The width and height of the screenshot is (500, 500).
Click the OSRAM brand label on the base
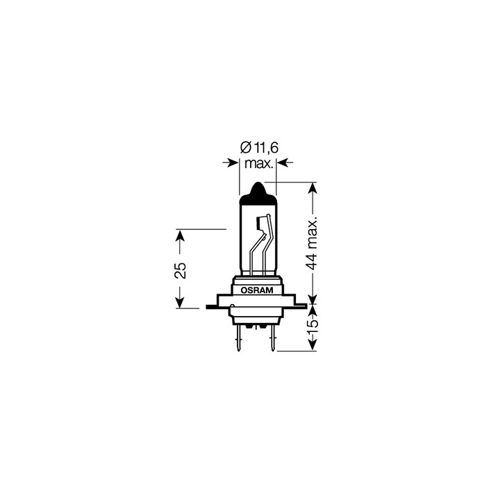coord(257,290)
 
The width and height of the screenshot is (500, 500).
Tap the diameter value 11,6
coord(266,148)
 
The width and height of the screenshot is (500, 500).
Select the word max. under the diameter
coord(258,164)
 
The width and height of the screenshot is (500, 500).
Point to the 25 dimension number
coord(181,270)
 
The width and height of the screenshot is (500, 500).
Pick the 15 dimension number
coord(312,323)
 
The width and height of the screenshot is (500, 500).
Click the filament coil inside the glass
coord(261,223)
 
